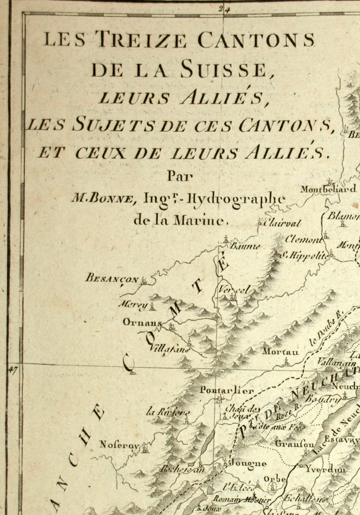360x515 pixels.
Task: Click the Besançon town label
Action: coord(112,279)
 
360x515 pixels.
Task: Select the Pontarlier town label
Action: coord(227,390)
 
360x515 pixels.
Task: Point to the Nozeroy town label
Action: coord(119,443)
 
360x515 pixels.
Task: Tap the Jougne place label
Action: coord(249,463)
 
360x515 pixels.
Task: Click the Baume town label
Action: coord(245,246)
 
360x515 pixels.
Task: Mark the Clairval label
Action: coord(282,223)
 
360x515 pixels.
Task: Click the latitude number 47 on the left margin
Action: coord(13,369)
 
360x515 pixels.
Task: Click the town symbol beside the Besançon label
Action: coord(145,281)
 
